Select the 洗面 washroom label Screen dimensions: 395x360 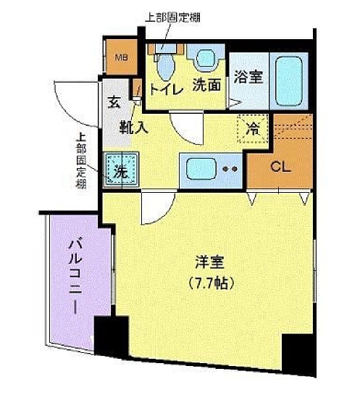click(x=206, y=85)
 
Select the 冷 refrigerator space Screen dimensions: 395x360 click(x=253, y=130)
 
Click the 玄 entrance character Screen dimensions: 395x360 click(x=115, y=102)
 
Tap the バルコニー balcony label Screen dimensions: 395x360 click(x=75, y=275)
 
